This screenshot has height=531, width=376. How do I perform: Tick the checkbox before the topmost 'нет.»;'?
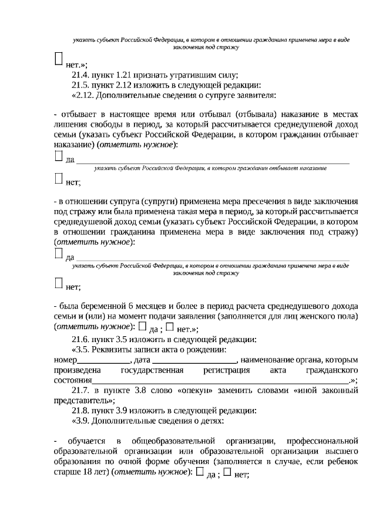click(x=58, y=58)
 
